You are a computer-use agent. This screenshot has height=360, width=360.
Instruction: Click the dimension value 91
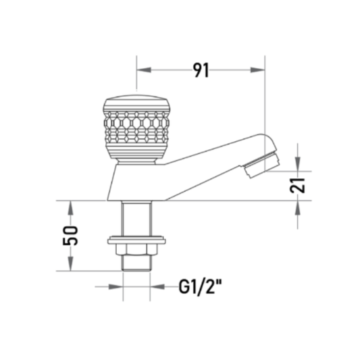coord(201,70)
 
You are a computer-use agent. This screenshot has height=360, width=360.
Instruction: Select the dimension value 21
coord(297,186)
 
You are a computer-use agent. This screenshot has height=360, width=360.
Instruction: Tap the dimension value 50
coord(70,236)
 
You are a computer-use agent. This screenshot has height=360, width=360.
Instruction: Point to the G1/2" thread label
coord(200,287)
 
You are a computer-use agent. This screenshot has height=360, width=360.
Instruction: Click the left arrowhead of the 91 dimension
coord(144,70)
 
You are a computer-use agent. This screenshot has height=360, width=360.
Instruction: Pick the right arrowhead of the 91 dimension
coord(257,70)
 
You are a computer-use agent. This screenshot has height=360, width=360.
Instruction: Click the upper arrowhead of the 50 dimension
coord(70,208)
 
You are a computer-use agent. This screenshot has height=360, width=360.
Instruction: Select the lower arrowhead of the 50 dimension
coord(70,263)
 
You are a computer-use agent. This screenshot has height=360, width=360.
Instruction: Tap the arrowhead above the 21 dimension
coord(298,164)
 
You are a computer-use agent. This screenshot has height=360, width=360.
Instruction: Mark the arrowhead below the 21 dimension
coord(298,208)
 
